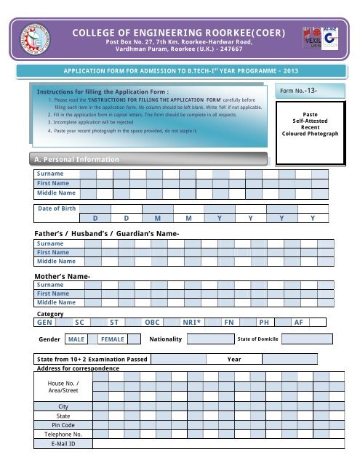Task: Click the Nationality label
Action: pyautogui.click(x=164, y=339)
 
